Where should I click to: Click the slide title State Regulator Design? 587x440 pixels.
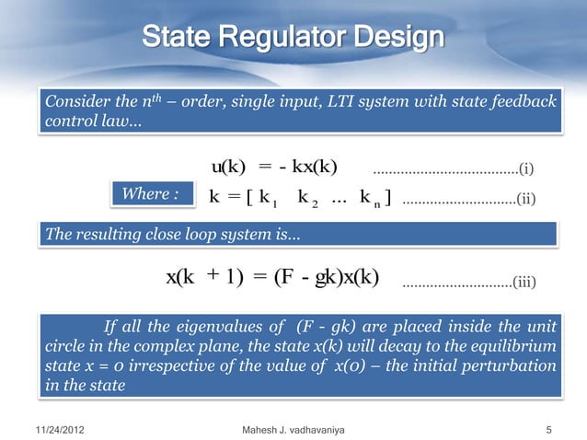click(x=293, y=39)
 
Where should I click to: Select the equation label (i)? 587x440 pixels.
click(x=525, y=168)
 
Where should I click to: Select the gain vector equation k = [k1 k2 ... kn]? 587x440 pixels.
click(x=301, y=197)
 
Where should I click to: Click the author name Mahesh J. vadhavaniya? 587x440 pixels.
click(x=293, y=428)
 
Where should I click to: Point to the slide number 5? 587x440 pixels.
click(x=548, y=428)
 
